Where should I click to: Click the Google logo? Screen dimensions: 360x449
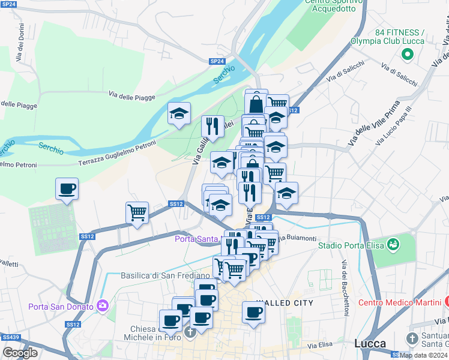pyautogui.click(x=20, y=353)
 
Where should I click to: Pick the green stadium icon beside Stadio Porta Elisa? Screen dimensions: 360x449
pyautogui.click(x=393, y=245)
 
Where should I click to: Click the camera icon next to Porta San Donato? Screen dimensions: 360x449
pyautogui.click(x=102, y=307)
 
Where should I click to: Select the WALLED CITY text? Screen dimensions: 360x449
pyautogui.click(x=285, y=304)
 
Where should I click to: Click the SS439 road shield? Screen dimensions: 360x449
pyautogui.click(x=11, y=337)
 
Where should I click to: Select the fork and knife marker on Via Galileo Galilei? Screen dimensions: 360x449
pyautogui.click(x=212, y=126)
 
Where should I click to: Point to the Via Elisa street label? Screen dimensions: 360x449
pyautogui.click(x=320, y=346)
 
